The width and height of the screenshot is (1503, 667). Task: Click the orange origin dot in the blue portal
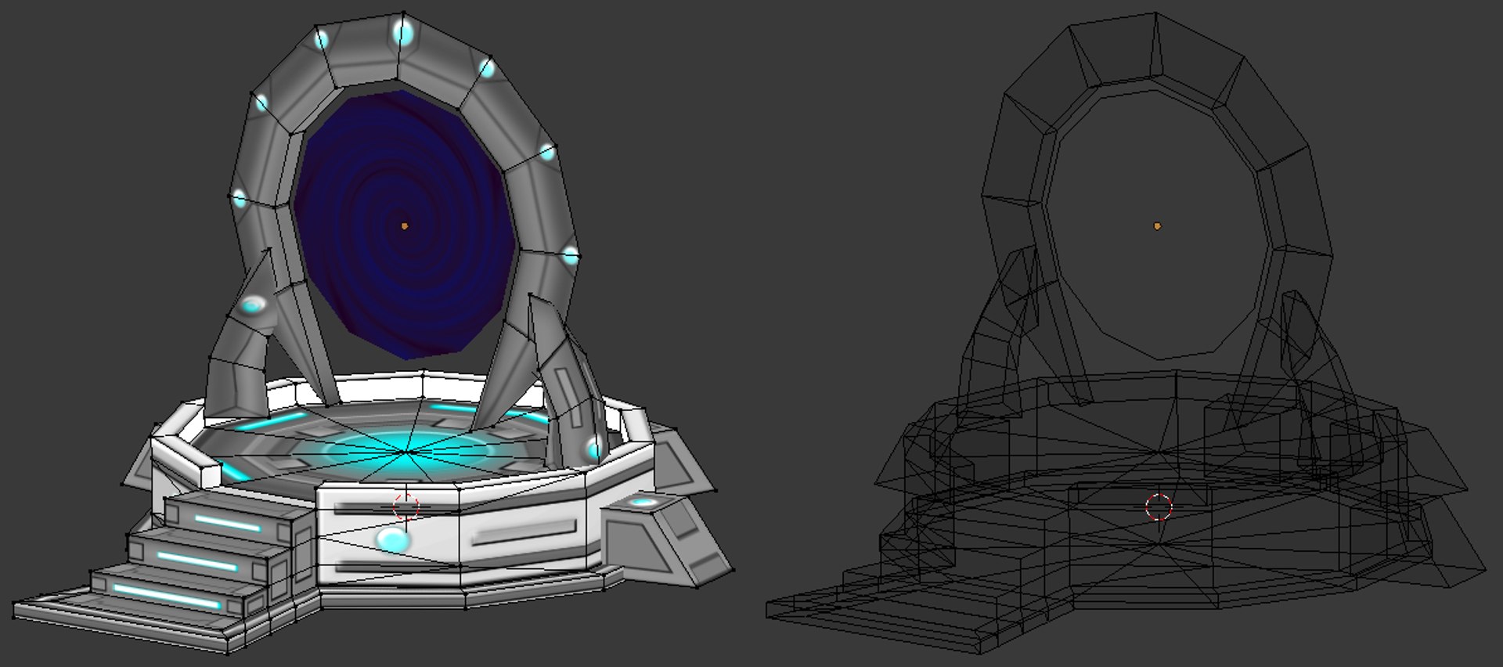point(405,226)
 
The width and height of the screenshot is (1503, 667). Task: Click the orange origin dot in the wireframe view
point(1158,226)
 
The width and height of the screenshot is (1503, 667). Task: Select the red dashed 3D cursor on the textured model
point(405,507)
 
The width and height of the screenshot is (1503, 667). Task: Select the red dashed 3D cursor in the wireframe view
point(1159,507)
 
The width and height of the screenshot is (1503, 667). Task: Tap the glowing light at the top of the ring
point(402,33)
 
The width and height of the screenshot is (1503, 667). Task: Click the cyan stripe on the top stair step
point(228,524)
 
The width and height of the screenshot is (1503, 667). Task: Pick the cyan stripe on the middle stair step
point(197,561)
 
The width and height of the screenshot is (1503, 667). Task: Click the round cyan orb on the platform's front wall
point(391,539)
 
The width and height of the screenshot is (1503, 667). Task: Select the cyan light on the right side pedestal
point(643,502)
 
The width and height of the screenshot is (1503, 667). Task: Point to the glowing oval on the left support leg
point(253,305)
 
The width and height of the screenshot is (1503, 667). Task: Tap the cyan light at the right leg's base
point(593,449)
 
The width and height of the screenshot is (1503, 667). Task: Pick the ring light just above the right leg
point(571,255)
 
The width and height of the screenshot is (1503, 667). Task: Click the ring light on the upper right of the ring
point(487,69)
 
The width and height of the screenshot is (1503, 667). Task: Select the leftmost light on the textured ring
point(240,199)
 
